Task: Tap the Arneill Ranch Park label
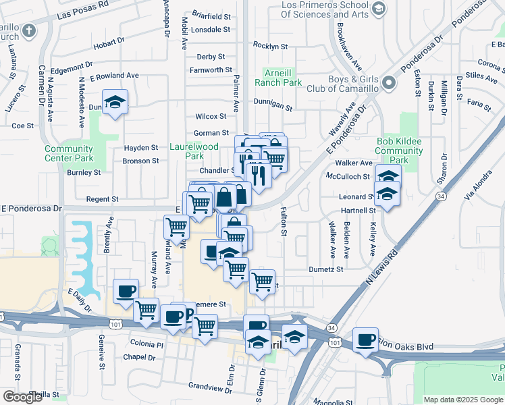(278, 77)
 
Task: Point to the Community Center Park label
(69, 153)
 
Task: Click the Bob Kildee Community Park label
(400, 151)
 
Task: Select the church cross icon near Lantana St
(28, 30)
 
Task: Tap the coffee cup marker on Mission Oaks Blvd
(365, 340)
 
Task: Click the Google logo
(22, 397)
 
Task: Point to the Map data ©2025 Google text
(462, 400)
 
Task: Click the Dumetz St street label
(326, 269)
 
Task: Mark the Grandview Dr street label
(211, 387)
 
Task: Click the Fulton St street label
(284, 222)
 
